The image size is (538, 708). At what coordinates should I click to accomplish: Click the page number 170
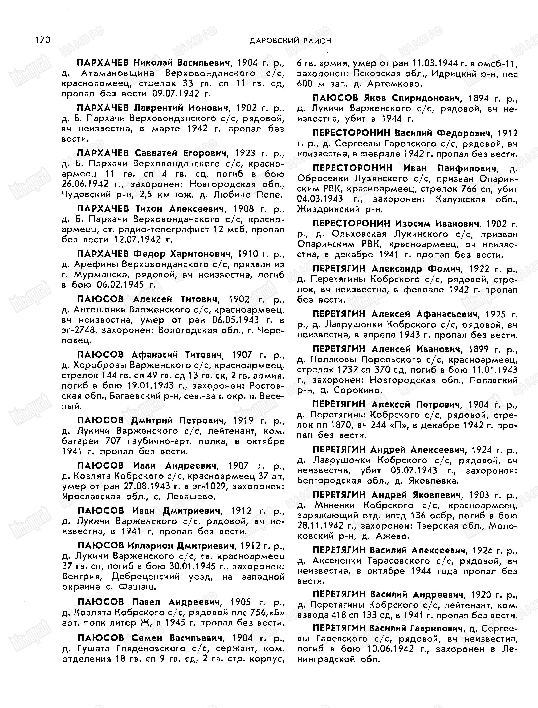pyautogui.click(x=43, y=40)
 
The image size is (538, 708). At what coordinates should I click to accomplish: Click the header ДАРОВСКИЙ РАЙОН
pyautogui.click(x=290, y=41)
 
